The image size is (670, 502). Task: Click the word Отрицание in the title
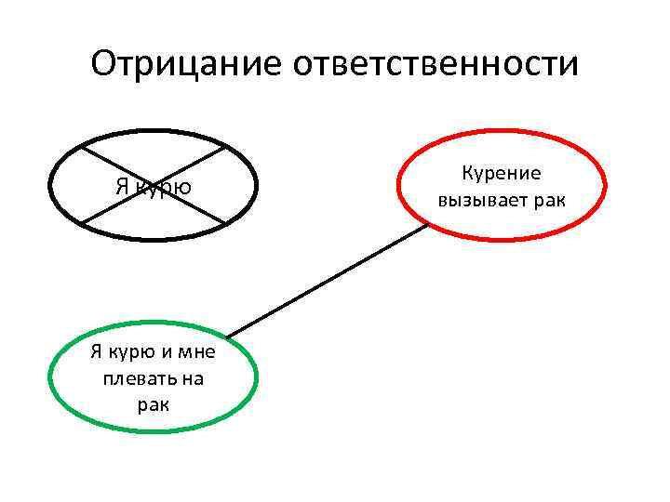tap(186, 64)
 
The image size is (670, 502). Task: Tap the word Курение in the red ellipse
tap(501, 174)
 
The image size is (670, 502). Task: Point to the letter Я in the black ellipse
tap(122, 186)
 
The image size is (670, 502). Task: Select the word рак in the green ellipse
tap(153, 404)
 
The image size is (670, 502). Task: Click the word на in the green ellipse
tap(193, 378)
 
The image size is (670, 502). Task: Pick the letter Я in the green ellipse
tap(95, 351)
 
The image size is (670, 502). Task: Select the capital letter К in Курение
tap(467, 174)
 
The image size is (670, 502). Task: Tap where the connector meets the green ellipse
tap(226, 336)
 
